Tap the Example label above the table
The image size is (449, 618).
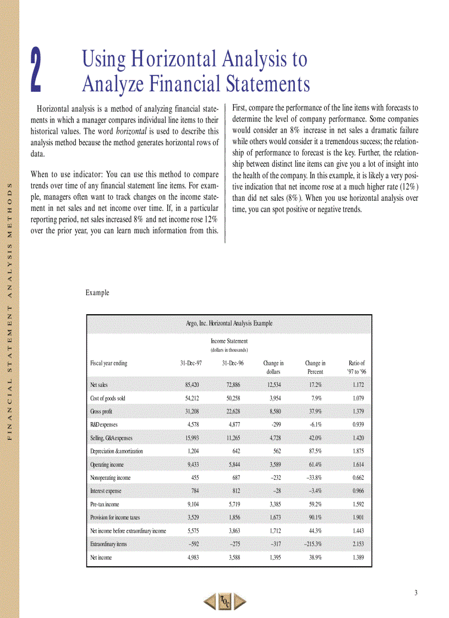pos(97,293)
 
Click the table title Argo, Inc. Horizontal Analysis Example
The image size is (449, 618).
pos(229,323)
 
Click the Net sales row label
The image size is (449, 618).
pos(99,385)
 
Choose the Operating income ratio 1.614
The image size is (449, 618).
pos(356,464)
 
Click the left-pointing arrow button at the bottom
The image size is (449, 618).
pos(210,601)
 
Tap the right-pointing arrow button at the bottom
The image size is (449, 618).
pos(239,601)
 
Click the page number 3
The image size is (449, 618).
pos(417,592)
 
